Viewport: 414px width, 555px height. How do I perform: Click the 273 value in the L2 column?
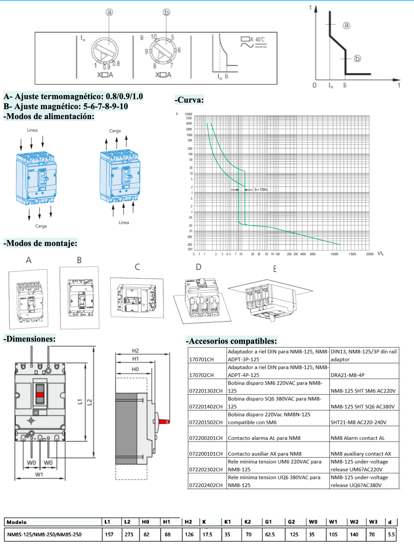click(129, 534)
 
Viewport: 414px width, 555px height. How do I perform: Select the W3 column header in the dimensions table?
click(373, 522)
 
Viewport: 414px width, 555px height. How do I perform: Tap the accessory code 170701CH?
click(201, 359)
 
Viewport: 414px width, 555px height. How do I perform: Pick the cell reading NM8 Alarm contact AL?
click(358, 438)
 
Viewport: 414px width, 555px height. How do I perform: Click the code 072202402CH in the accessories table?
click(206, 485)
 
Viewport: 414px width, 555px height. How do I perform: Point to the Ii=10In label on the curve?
click(261, 190)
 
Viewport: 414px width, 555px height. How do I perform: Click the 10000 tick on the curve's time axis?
click(188, 114)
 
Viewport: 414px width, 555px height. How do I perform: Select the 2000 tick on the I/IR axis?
click(370, 254)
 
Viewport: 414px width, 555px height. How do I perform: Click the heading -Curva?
click(189, 100)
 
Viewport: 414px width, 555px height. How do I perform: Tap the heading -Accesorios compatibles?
click(231, 341)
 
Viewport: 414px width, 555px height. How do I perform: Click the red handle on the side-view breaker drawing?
click(164, 422)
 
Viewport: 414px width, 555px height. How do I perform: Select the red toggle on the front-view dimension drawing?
click(40, 395)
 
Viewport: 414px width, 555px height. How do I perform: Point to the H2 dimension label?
click(135, 351)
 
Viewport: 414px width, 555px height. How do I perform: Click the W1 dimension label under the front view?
click(39, 475)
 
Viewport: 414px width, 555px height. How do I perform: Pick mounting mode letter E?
click(275, 269)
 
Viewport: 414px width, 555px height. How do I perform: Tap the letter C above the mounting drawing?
click(137, 267)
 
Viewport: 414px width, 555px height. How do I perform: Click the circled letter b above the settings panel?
click(166, 12)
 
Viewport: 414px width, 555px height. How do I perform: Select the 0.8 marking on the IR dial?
click(116, 64)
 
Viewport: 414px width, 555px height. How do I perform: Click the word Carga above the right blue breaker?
click(115, 131)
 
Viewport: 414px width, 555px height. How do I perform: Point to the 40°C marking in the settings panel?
click(260, 40)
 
